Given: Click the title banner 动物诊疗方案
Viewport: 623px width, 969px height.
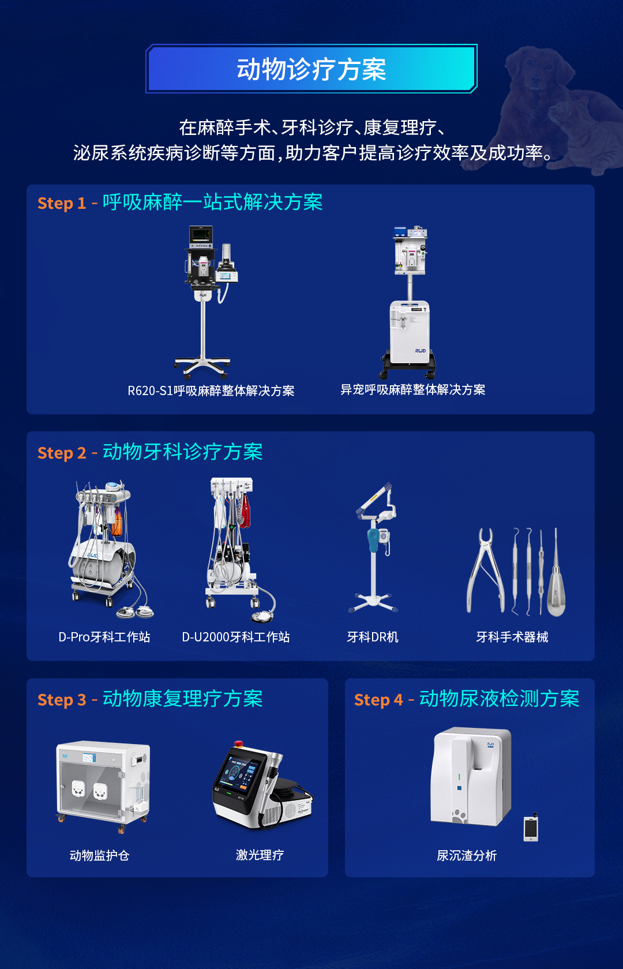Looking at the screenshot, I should pyautogui.click(x=311, y=69).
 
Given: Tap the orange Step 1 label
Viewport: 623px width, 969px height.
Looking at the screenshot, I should pyautogui.click(x=61, y=203).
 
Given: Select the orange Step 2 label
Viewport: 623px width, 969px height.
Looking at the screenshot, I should pyautogui.click(x=61, y=453).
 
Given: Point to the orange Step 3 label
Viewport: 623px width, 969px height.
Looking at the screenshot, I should pyautogui.click(x=61, y=700).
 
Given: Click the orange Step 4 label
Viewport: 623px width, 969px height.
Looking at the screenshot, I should pyautogui.click(x=378, y=700).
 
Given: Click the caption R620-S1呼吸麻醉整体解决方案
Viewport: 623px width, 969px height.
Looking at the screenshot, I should pyautogui.click(x=211, y=391).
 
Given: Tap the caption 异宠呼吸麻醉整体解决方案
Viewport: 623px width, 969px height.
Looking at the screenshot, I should pyautogui.click(x=412, y=390).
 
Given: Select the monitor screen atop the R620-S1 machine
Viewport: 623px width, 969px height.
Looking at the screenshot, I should pyautogui.click(x=201, y=235).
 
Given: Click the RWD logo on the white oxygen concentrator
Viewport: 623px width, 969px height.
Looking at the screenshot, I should pyautogui.click(x=420, y=351).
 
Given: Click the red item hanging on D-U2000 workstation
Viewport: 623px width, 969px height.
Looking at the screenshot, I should pyautogui.click(x=246, y=510).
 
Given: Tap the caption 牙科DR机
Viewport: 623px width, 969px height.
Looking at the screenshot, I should pyautogui.click(x=373, y=637).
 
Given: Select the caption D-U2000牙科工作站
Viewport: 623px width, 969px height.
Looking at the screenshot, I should pyautogui.click(x=236, y=637).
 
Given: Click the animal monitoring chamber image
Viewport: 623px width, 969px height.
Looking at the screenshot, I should pyautogui.click(x=103, y=784).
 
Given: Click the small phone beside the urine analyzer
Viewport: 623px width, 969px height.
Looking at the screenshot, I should pyautogui.click(x=531, y=829).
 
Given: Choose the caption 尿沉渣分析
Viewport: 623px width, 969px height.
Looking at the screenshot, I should pyautogui.click(x=467, y=855).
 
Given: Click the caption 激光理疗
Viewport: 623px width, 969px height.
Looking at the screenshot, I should pyautogui.click(x=260, y=855).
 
